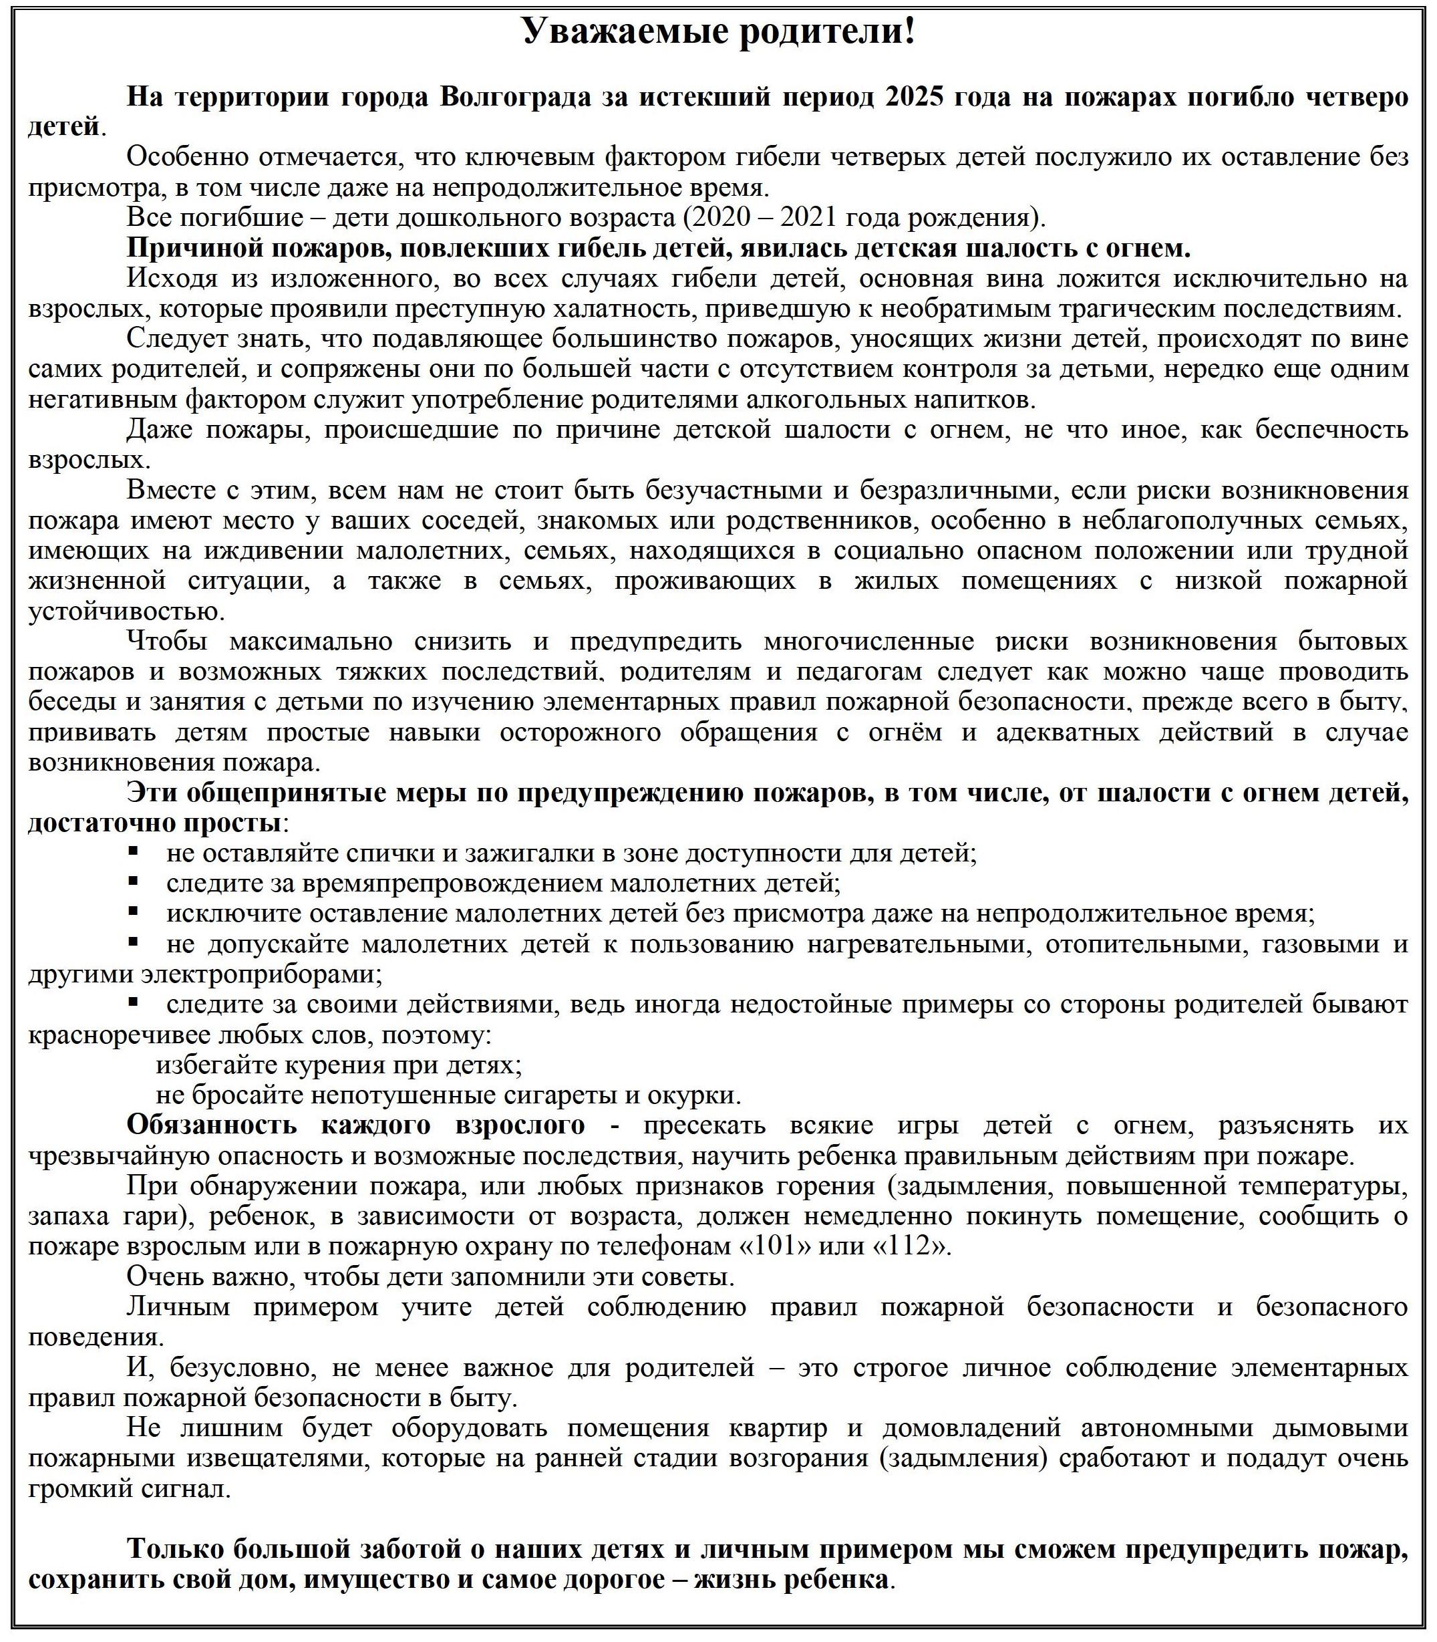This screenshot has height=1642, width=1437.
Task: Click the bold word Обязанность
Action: coord(212,1125)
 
